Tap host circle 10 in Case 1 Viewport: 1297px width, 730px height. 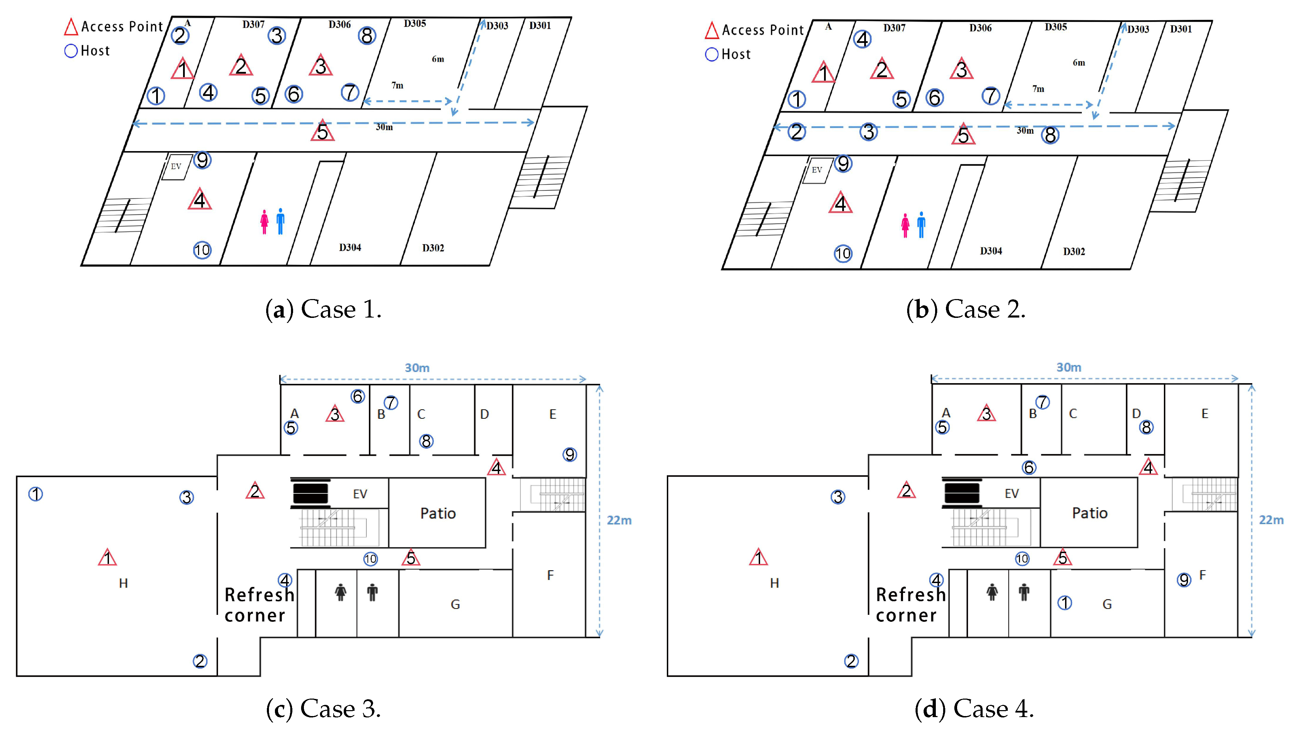(202, 250)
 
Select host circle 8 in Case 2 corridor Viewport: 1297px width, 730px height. (1050, 135)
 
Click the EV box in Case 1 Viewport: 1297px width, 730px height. (176, 166)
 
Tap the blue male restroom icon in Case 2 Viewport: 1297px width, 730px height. (921, 224)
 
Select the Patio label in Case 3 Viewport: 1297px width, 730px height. (438, 513)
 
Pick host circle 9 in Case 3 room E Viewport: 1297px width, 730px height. (569, 455)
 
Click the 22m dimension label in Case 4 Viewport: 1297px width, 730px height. (1271, 520)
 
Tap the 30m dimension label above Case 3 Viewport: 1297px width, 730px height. (417, 368)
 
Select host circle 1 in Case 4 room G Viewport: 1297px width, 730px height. (1064, 602)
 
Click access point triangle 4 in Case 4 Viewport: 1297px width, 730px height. (1149, 467)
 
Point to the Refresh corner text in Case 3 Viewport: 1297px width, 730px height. (258, 605)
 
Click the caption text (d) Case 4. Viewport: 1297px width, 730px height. (974, 708)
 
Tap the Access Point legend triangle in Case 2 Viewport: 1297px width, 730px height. (712, 30)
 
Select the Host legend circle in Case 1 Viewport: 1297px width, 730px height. (71, 51)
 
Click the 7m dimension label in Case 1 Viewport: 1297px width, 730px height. (397, 85)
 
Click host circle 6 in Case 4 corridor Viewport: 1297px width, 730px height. (1029, 467)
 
